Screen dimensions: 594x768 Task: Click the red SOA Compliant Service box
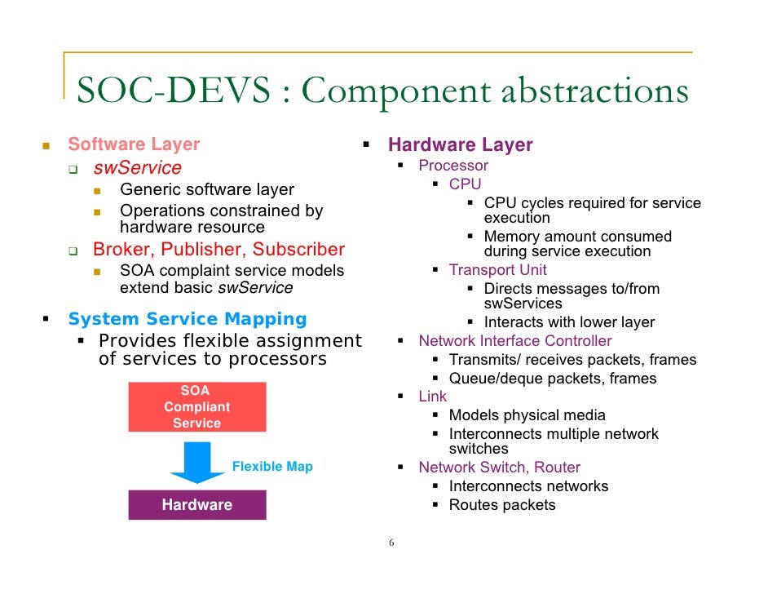(196, 406)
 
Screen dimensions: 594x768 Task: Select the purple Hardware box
(196, 504)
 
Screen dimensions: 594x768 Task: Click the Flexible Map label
(272, 467)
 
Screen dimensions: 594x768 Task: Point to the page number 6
(391, 543)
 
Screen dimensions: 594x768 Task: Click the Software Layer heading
(134, 144)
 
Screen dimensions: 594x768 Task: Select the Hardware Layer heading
(460, 145)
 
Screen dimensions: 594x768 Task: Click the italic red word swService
(137, 168)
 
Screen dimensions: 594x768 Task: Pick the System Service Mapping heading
(188, 319)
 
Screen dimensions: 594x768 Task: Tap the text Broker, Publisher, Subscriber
(218, 249)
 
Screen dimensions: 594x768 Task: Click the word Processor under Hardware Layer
(453, 166)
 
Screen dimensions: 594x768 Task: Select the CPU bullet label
(466, 184)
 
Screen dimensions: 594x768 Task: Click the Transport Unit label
(498, 269)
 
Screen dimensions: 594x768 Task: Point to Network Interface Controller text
(514, 341)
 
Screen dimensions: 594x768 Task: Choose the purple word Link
(433, 396)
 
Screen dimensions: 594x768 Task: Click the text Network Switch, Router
(499, 468)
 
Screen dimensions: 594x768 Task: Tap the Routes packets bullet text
(502, 505)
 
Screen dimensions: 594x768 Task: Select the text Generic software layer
(207, 189)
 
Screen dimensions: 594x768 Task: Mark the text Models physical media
(527, 415)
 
